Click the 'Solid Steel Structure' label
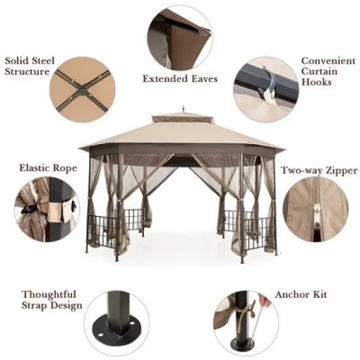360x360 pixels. tap(27, 65)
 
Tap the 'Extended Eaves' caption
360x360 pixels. tap(180, 79)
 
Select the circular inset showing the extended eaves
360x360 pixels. tap(179, 37)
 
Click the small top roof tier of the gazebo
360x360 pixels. tap(181, 118)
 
